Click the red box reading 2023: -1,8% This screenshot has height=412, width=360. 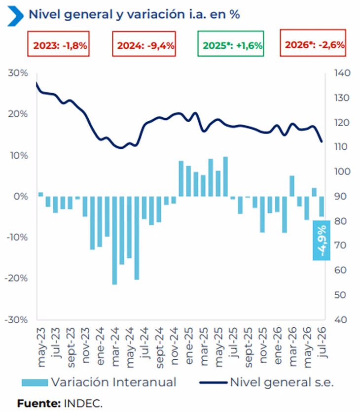click(58, 44)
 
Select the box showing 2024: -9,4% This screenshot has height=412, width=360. click(144, 44)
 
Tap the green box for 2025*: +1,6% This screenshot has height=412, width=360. click(231, 44)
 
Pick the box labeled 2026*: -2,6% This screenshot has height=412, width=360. click(313, 43)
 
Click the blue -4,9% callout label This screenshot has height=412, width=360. click(322, 240)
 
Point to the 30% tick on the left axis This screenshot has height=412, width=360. click(18, 73)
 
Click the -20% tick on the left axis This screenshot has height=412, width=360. click(16, 278)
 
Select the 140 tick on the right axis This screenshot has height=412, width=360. click(342, 73)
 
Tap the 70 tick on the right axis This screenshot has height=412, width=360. click(340, 245)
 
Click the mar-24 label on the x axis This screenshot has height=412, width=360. click(115, 347)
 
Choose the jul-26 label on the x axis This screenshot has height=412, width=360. click(322, 343)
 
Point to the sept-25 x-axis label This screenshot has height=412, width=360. click(248, 347)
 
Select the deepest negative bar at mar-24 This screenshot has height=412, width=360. click(114, 240)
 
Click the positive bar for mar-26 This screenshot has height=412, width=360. click(292, 186)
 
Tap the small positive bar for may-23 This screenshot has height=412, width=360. click(40, 195)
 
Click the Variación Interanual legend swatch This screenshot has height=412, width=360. click(35, 382)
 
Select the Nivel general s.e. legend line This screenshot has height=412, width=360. click(213, 382)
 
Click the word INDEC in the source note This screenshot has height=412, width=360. click(82, 403)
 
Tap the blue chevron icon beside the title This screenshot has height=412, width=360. click(15, 16)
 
